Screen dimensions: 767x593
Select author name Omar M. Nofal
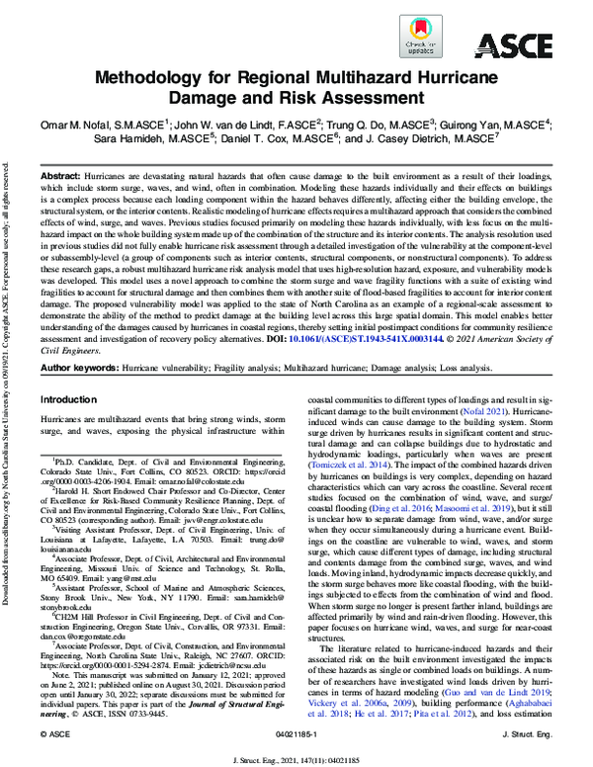click(x=86, y=124)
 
